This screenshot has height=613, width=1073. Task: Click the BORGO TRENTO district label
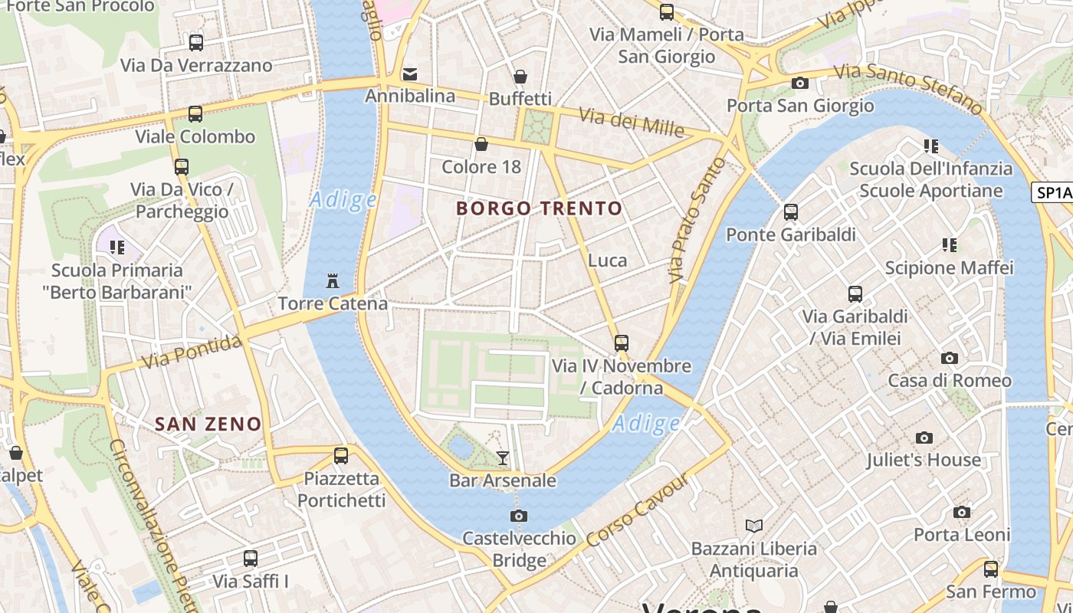click(539, 208)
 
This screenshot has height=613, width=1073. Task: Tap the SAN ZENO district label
click(208, 424)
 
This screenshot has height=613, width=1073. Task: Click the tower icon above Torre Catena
click(333, 280)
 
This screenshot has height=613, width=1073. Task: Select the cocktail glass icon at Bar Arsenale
click(503, 458)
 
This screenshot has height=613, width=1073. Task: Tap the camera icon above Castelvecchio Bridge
click(519, 516)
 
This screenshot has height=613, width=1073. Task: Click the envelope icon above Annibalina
click(410, 74)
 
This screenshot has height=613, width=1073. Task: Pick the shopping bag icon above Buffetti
click(520, 77)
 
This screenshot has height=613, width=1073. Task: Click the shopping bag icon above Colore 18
click(481, 144)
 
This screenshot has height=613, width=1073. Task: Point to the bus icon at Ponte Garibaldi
click(791, 212)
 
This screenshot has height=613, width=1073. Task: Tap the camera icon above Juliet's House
click(924, 438)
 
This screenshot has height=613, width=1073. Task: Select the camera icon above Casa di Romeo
click(950, 358)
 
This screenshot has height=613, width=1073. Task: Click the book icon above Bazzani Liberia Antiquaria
click(754, 526)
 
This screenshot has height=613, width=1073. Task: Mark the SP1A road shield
click(1054, 193)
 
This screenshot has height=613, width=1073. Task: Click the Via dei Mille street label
click(631, 122)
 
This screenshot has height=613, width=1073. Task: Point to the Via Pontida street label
click(192, 352)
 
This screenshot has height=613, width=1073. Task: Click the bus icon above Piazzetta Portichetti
click(341, 456)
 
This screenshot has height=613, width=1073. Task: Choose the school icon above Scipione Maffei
click(950, 245)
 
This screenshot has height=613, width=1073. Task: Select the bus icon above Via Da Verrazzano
click(196, 43)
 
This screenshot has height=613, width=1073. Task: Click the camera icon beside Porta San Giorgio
click(800, 83)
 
